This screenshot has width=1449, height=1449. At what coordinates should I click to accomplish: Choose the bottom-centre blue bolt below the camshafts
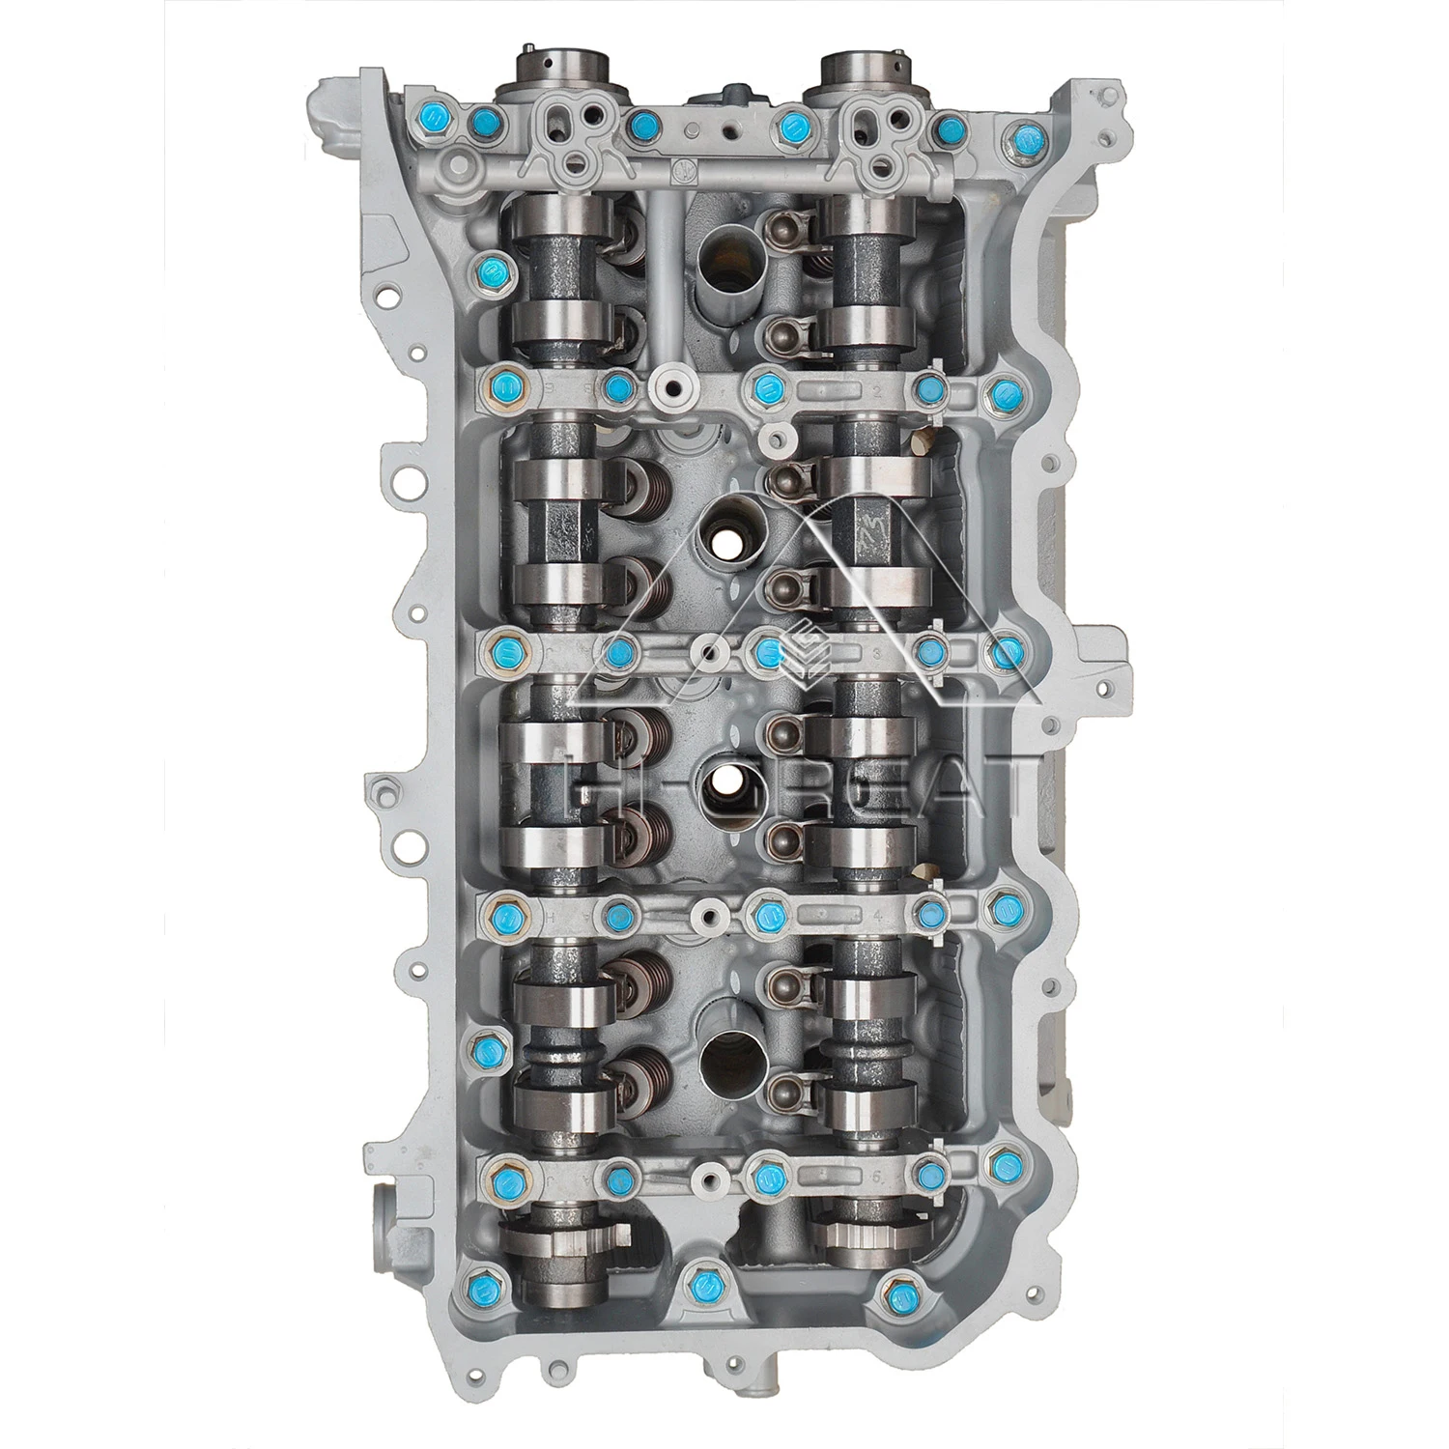[x=698, y=1286]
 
